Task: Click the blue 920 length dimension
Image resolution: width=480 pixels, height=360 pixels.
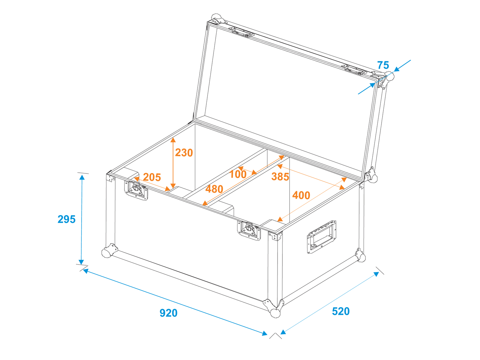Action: (x=168, y=313)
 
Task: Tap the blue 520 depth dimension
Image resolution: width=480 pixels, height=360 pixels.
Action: (x=340, y=311)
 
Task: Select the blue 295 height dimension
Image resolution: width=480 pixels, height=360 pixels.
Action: (x=67, y=219)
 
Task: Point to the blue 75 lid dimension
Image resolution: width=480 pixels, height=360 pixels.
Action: (x=383, y=65)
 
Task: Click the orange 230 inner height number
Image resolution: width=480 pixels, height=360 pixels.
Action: (x=184, y=153)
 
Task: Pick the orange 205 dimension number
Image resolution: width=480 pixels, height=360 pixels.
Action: (x=152, y=177)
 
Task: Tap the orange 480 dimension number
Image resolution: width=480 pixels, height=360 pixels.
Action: (x=214, y=189)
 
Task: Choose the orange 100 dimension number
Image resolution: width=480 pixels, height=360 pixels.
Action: (x=238, y=174)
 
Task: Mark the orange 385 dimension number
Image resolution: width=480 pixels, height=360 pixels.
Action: (x=280, y=177)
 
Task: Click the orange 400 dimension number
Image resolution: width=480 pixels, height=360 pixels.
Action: (x=301, y=195)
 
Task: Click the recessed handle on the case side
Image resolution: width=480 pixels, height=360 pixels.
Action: (x=321, y=237)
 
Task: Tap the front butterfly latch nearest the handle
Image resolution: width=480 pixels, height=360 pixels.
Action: (x=249, y=231)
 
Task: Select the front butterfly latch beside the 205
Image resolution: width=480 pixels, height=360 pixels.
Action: (x=136, y=190)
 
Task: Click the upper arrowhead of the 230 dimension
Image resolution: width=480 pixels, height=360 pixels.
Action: (x=173, y=140)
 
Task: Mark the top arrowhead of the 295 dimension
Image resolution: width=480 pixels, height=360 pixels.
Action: (x=82, y=177)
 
